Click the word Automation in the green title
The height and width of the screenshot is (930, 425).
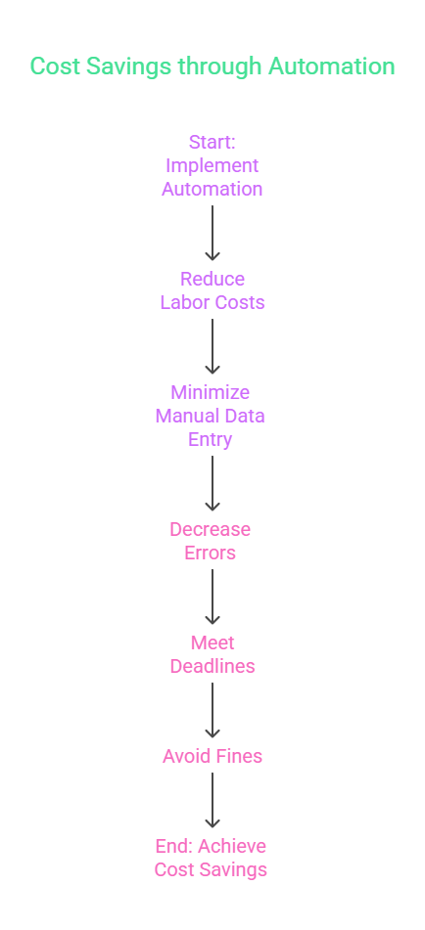click(x=331, y=66)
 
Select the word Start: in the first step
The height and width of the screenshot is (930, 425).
click(x=212, y=143)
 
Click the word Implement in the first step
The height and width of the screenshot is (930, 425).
click(x=212, y=165)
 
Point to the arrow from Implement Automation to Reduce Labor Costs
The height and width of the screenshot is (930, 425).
click(x=212, y=233)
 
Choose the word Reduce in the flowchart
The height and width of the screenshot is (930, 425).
click(x=212, y=279)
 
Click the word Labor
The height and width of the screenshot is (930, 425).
click(x=186, y=302)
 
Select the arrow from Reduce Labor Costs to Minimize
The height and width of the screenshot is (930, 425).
click(x=212, y=346)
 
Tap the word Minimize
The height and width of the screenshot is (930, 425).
click(x=211, y=393)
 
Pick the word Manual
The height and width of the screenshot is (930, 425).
click(x=189, y=417)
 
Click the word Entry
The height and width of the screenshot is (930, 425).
click(x=211, y=440)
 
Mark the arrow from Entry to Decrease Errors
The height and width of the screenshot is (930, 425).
click(x=212, y=483)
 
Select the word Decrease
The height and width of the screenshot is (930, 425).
click(x=211, y=529)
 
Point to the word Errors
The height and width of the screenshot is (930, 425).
click(x=211, y=553)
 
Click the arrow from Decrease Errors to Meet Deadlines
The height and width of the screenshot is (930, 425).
click(x=212, y=597)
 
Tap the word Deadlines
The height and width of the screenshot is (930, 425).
click(x=212, y=666)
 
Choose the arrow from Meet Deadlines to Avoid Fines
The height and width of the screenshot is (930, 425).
click(x=212, y=710)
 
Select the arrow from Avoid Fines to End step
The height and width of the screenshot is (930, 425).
click(x=212, y=800)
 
